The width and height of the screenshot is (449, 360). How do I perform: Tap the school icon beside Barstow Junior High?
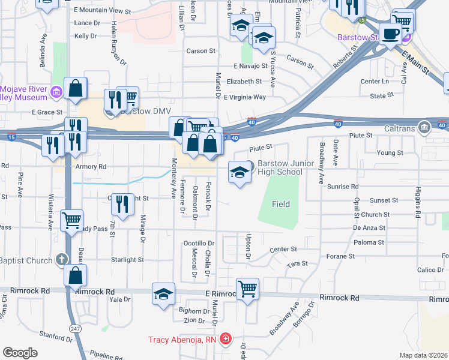pos(239,172)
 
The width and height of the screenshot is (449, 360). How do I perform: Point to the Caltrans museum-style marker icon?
pos(425,127)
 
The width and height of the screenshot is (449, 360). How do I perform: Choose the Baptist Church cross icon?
pos(60,260)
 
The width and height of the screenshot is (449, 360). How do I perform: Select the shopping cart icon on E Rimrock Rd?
pos(247,289)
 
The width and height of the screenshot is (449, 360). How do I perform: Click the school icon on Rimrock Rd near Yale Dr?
pos(163,294)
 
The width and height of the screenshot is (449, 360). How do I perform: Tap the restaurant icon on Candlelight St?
pos(122,203)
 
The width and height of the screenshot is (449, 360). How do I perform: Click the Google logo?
pos(20,353)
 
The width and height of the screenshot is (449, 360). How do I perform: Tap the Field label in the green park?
pos(280,204)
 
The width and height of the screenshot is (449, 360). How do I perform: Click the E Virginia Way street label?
pos(245,97)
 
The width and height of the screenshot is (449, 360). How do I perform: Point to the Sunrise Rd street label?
pos(343,187)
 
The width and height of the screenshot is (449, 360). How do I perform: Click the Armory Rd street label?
pos(91,166)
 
